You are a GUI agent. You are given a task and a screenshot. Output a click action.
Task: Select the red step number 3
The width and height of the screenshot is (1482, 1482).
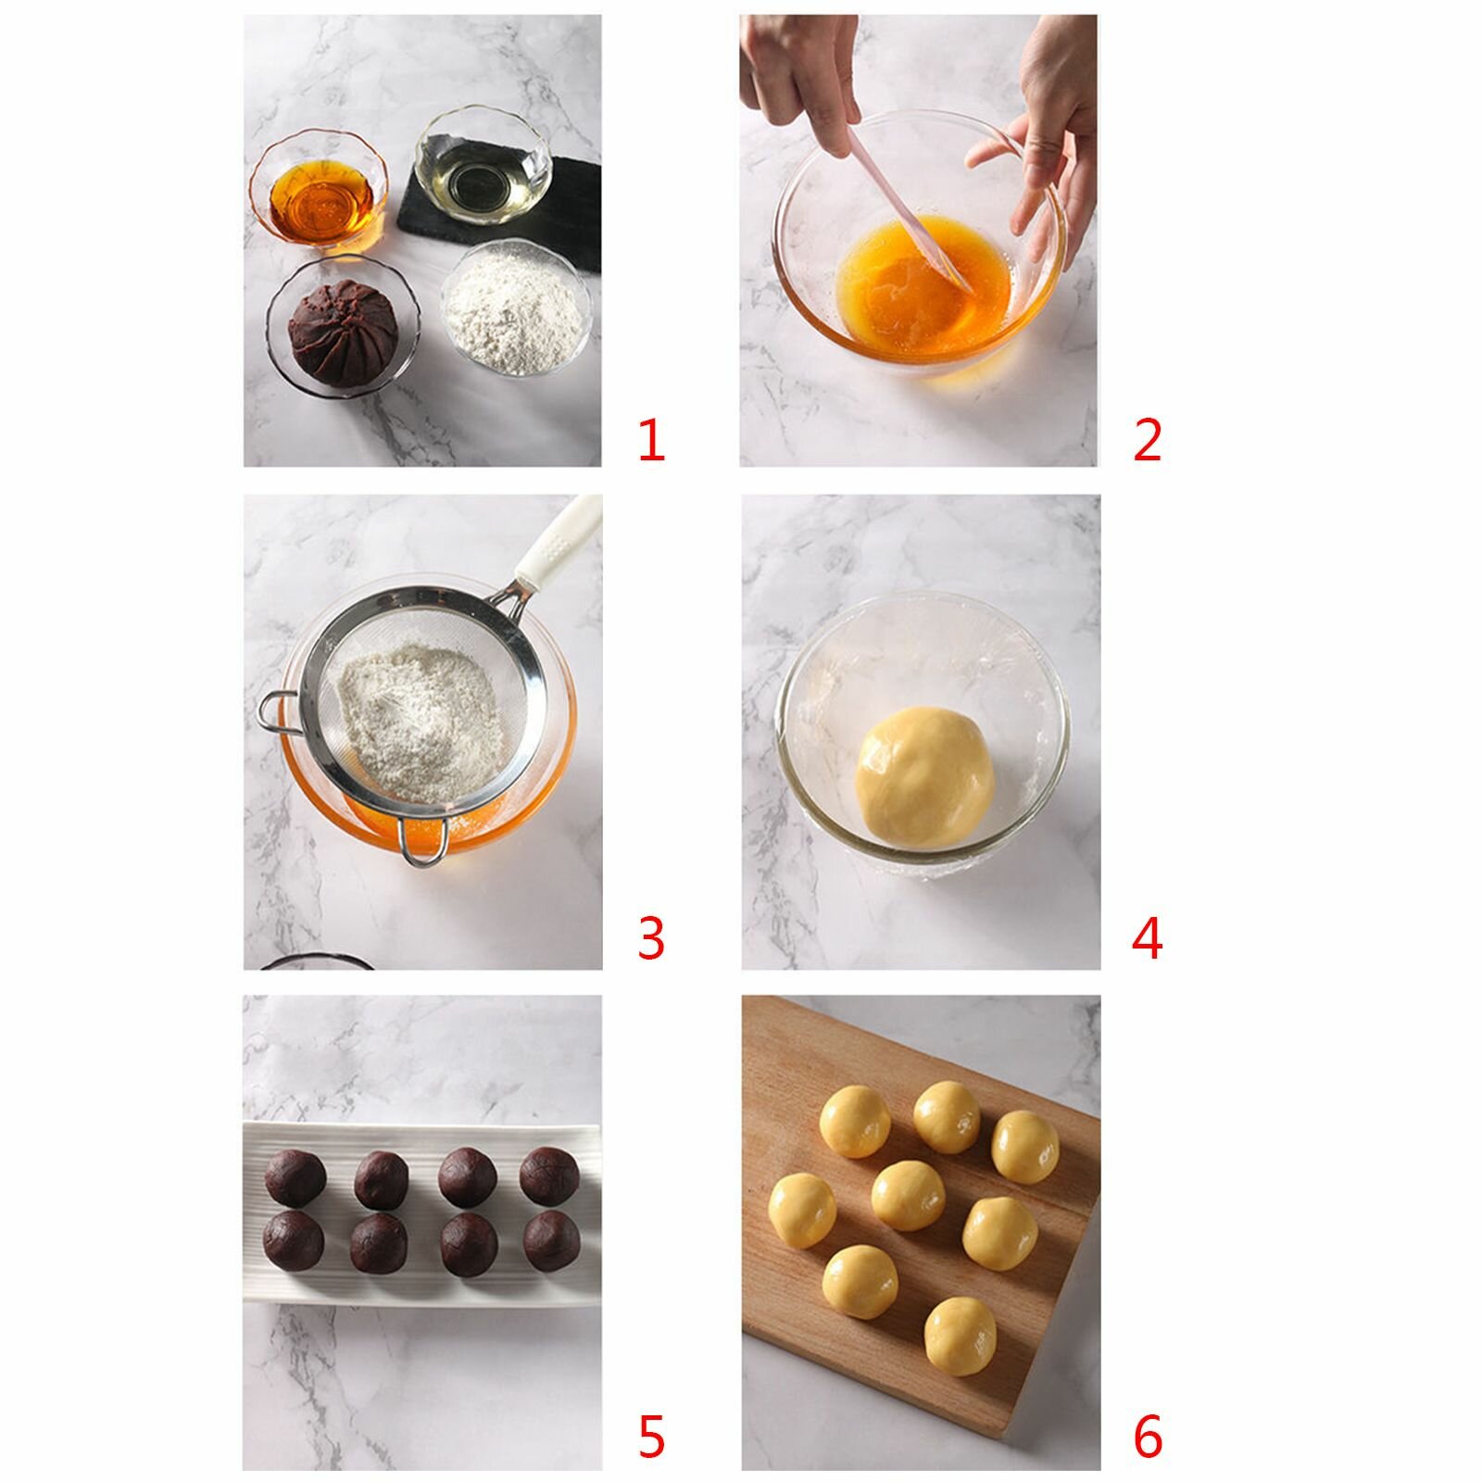(651, 938)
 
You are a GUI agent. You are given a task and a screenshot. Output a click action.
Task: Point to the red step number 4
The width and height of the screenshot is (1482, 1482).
(1147, 938)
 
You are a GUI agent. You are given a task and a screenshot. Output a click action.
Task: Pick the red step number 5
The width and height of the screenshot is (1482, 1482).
(651, 1438)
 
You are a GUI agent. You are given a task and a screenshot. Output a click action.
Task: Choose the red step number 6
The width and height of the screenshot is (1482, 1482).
(1148, 1438)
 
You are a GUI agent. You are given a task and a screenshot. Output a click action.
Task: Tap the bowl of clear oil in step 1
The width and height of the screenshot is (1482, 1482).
(482, 166)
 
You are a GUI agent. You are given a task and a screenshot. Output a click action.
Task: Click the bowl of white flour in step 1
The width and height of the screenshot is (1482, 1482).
(516, 307)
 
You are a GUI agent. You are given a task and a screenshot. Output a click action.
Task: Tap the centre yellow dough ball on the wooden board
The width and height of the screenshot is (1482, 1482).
(909, 1196)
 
